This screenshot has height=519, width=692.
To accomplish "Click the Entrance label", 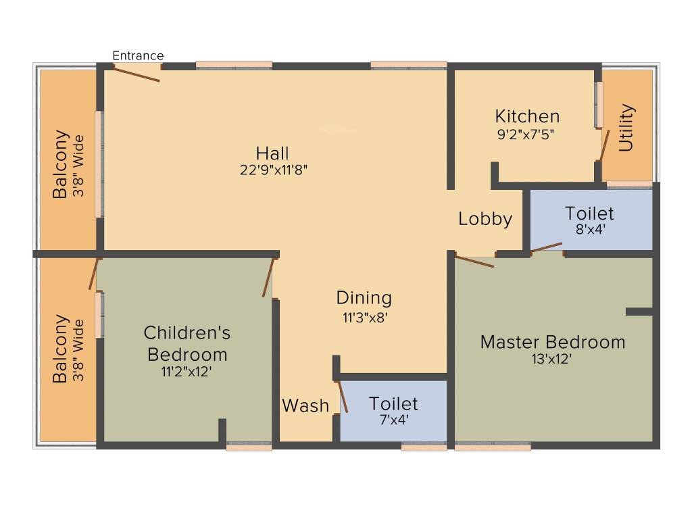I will click(138, 55).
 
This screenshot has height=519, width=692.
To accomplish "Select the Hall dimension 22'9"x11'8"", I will click(273, 170).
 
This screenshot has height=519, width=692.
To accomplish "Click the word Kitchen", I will click(527, 116).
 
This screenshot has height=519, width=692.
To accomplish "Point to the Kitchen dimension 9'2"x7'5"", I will click(526, 134).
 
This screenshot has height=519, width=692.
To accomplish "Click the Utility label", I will click(626, 127).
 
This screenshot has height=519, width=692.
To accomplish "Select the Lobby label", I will click(485, 219).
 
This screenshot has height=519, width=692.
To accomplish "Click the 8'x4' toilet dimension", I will click(589, 229).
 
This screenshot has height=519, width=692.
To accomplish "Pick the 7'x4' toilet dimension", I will click(393, 419).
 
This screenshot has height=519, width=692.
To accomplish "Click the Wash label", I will click(305, 405).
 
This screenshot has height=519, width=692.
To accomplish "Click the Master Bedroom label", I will click(552, 342).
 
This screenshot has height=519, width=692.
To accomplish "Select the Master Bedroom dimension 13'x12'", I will click(552, 360).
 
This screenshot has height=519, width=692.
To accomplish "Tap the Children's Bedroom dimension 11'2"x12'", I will click(187, 370).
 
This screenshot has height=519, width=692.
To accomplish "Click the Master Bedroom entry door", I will click(474, 262).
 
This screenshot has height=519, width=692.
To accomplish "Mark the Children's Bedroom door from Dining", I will click(268, 277).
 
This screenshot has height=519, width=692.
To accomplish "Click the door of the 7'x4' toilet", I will click(343, 397).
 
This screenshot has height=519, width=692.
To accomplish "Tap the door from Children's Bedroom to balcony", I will click(94, 273).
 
